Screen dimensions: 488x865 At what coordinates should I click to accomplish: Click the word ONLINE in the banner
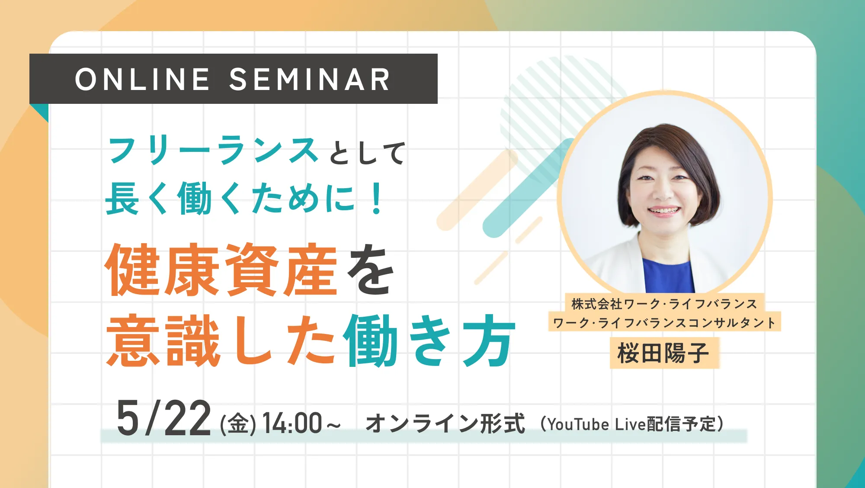[142, 80]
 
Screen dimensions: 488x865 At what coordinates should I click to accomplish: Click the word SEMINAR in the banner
[310, 80]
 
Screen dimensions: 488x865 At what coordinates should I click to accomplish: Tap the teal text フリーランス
[213, 151]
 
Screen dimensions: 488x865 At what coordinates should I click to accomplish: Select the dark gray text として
[367, 154]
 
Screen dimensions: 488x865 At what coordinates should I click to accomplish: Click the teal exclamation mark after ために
[377, 199]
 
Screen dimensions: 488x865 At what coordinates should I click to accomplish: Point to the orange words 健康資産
[221, 270]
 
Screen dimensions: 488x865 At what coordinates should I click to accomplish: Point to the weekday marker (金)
[238, 424]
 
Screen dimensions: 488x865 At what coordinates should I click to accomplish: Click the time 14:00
[292, 423]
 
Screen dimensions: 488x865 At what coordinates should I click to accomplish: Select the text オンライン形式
[445, 423]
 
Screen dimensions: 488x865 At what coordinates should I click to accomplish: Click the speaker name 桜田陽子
[663, 353]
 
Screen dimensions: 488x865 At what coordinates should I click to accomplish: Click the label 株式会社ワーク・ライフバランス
[664, 304]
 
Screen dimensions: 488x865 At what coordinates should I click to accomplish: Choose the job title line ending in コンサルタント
[664, 322]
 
